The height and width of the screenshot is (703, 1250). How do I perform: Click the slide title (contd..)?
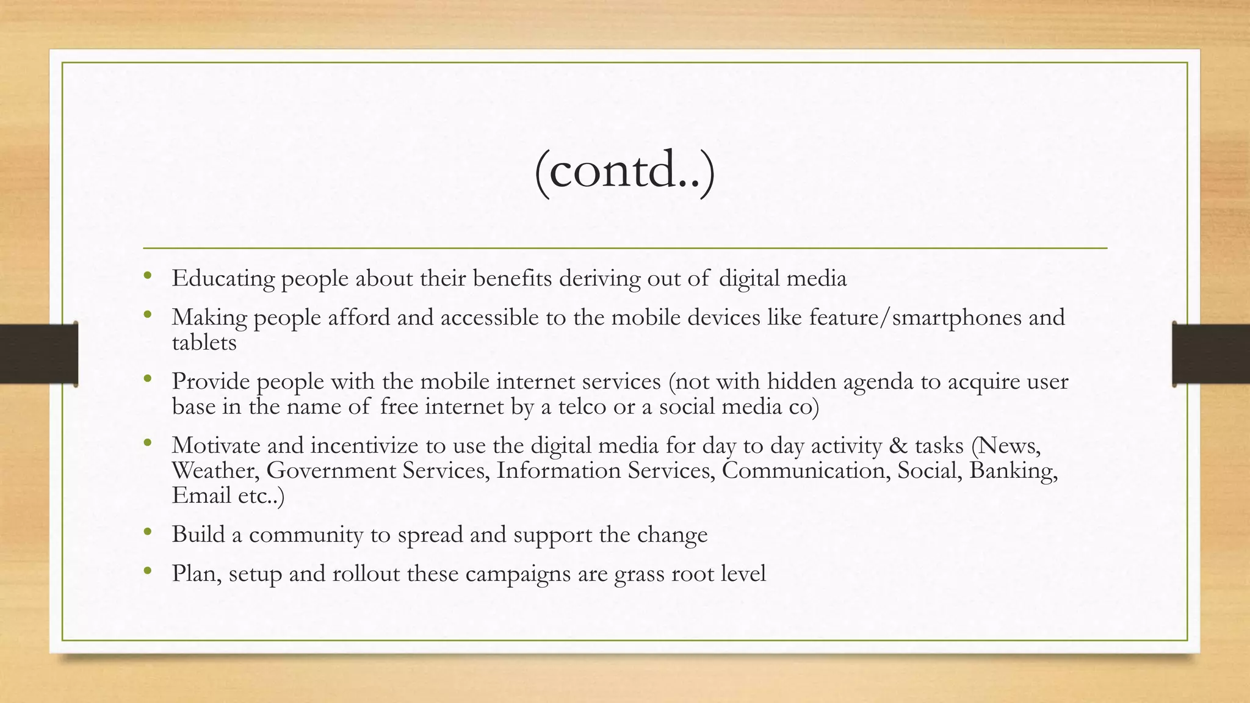[624, 171]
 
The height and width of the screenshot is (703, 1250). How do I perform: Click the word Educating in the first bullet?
[223, 279]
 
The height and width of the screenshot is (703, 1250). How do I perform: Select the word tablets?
[204, 343]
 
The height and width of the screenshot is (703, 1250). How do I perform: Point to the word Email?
[201, 496]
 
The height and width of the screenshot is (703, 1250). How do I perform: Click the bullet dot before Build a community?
[147, 532]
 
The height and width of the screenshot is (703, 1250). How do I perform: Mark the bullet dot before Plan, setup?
[147, 571]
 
